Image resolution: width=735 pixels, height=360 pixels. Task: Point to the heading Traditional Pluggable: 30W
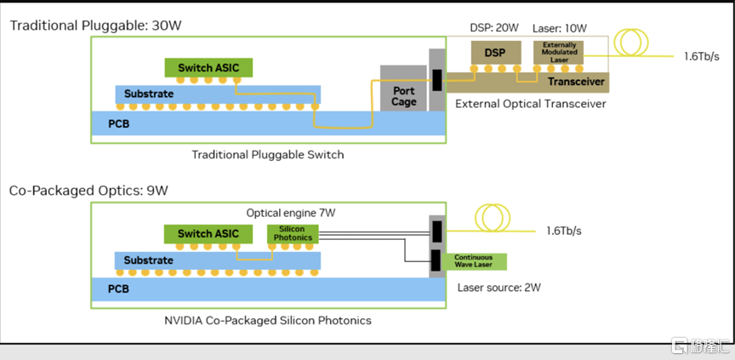95,25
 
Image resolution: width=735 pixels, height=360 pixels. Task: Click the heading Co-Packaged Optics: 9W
88,191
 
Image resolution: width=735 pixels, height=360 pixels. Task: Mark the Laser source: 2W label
499,288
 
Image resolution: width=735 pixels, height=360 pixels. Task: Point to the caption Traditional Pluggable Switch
267,154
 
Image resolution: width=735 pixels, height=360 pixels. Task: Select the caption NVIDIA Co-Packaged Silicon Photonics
267,320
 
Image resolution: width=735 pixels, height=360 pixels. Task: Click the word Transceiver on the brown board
575,82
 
